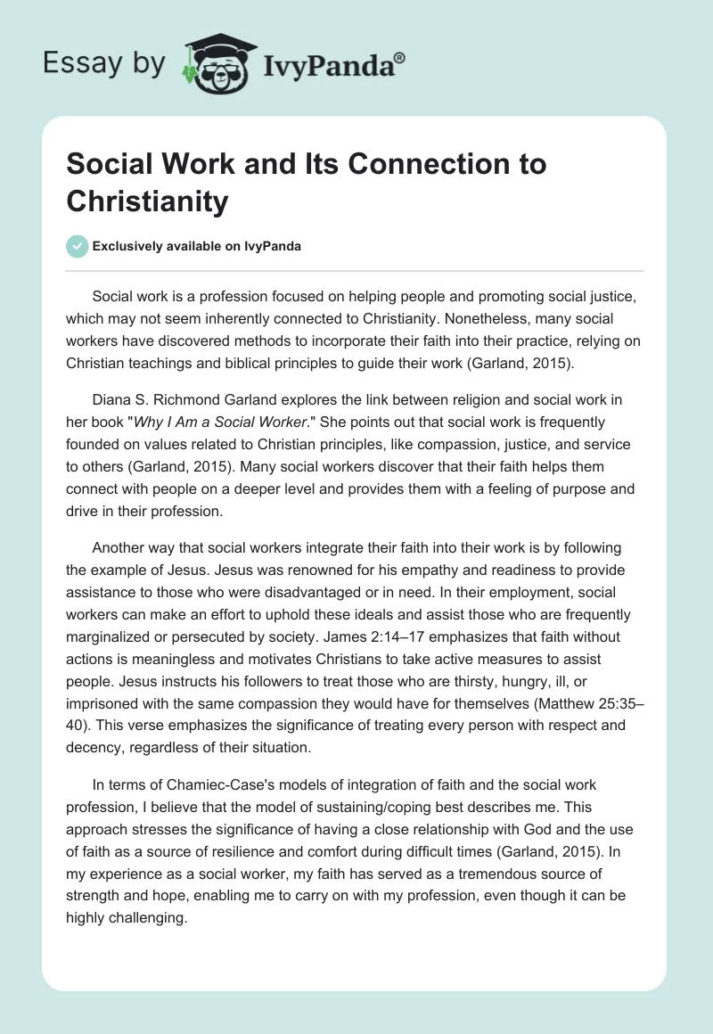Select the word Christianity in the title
coord(147,201)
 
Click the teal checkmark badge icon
coord(78,246)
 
